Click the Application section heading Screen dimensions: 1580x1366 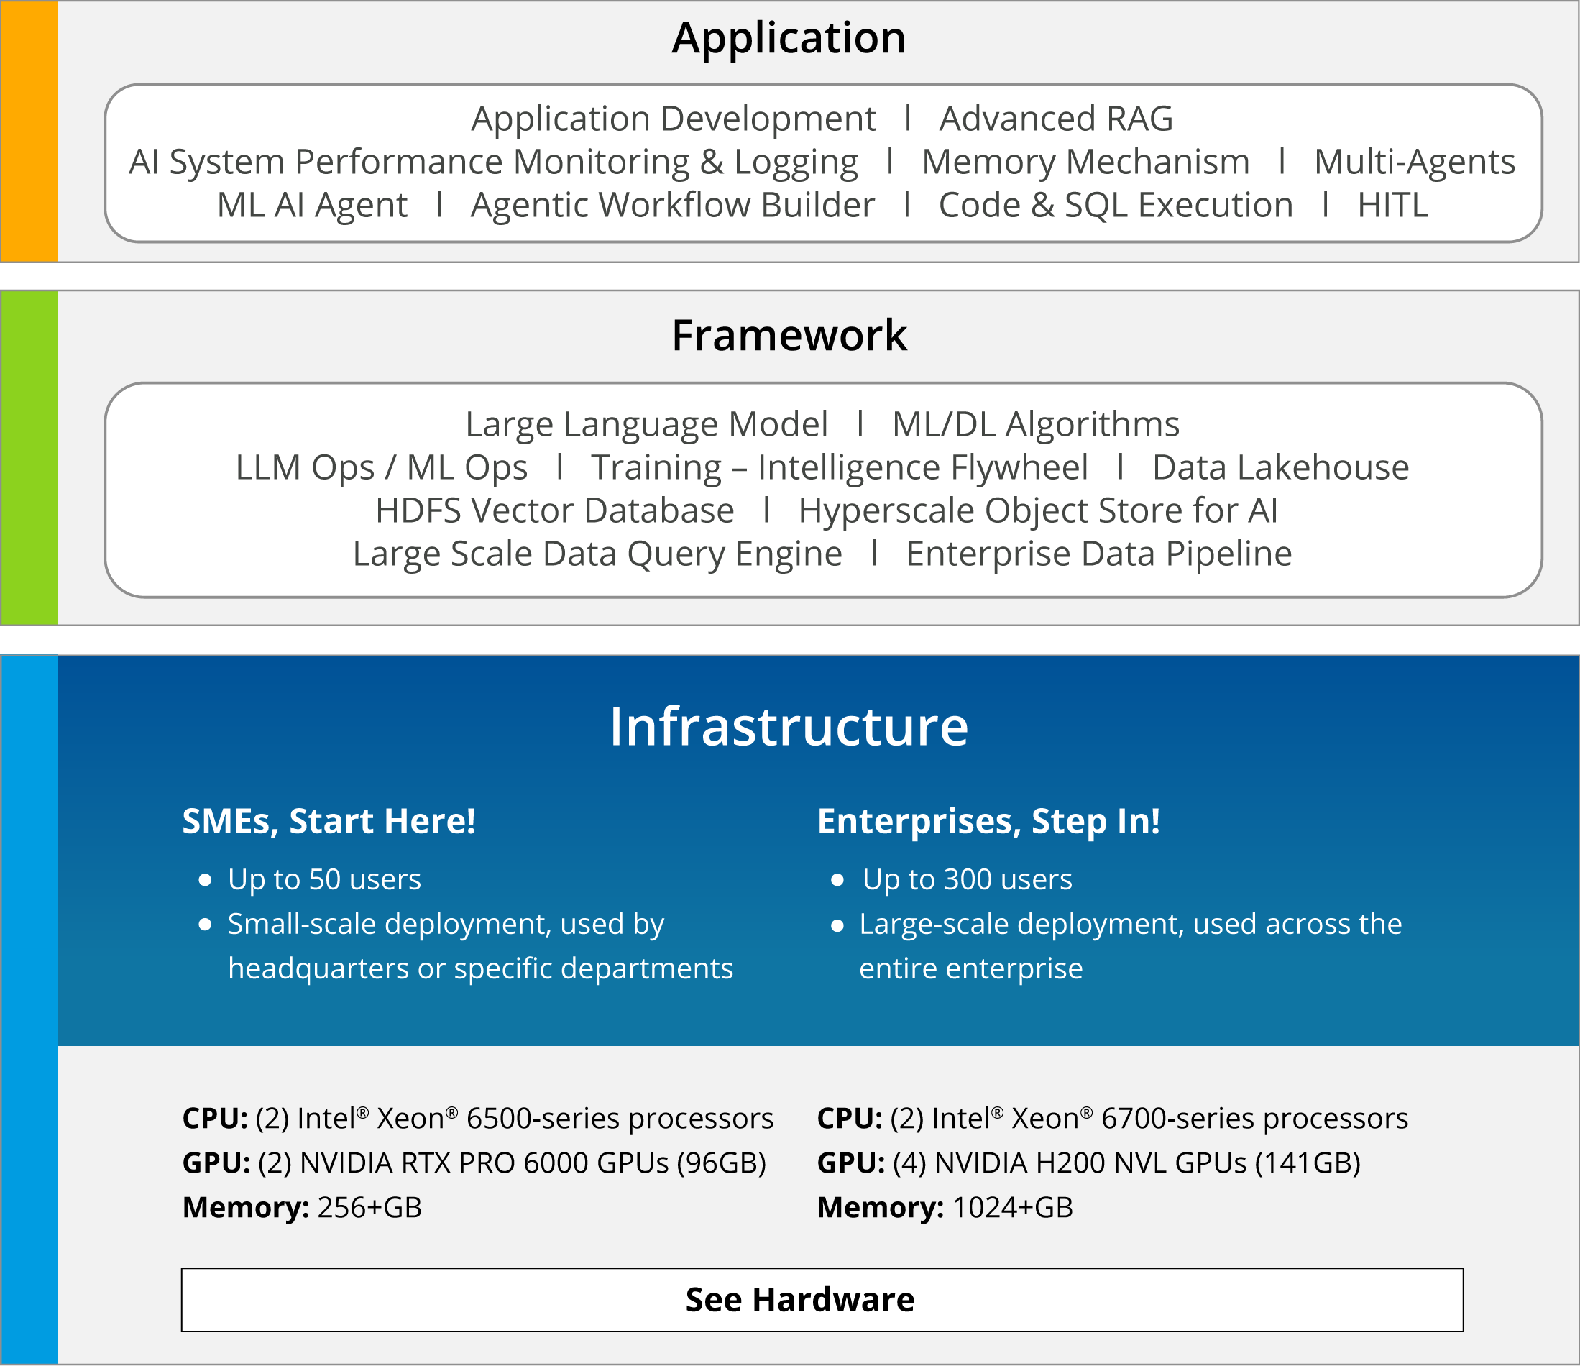coord(789,38)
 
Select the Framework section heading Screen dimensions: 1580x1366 coord(789,336)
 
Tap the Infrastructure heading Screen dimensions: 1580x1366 coord(789,726)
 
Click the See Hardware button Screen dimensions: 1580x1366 coord(822,1300)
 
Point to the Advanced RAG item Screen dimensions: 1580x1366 coord(1056,119)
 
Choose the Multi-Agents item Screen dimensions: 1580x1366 coord(1415,162)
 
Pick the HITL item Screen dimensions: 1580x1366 coord(1392,205)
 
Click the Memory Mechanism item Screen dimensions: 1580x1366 coord(1086,162)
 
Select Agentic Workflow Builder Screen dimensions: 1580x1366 coord(673,206)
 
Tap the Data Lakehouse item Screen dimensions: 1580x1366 coord(1280,467)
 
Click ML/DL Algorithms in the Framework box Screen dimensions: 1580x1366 coord(1036,425)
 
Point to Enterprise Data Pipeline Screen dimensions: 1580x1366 coord(1099,554)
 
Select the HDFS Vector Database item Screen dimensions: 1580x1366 coord(554,511)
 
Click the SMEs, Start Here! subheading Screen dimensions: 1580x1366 coord(329,822)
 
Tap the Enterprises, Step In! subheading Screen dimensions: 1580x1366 coord(988,822)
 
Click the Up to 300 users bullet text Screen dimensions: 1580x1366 coord(967,880)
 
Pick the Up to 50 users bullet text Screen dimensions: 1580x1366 coord(324,880)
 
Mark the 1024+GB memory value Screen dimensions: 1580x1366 coord(1013,1207)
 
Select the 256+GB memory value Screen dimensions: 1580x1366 coord(369,1207)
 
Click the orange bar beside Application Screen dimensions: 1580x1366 coord(29,131)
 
